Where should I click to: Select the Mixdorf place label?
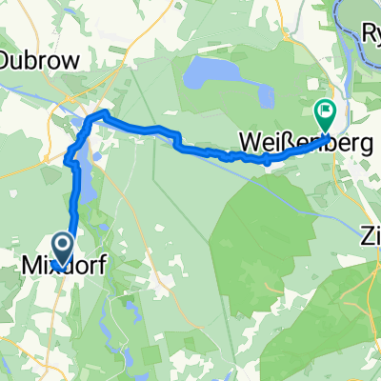coord(59,258)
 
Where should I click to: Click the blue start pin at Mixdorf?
coord(63,250)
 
